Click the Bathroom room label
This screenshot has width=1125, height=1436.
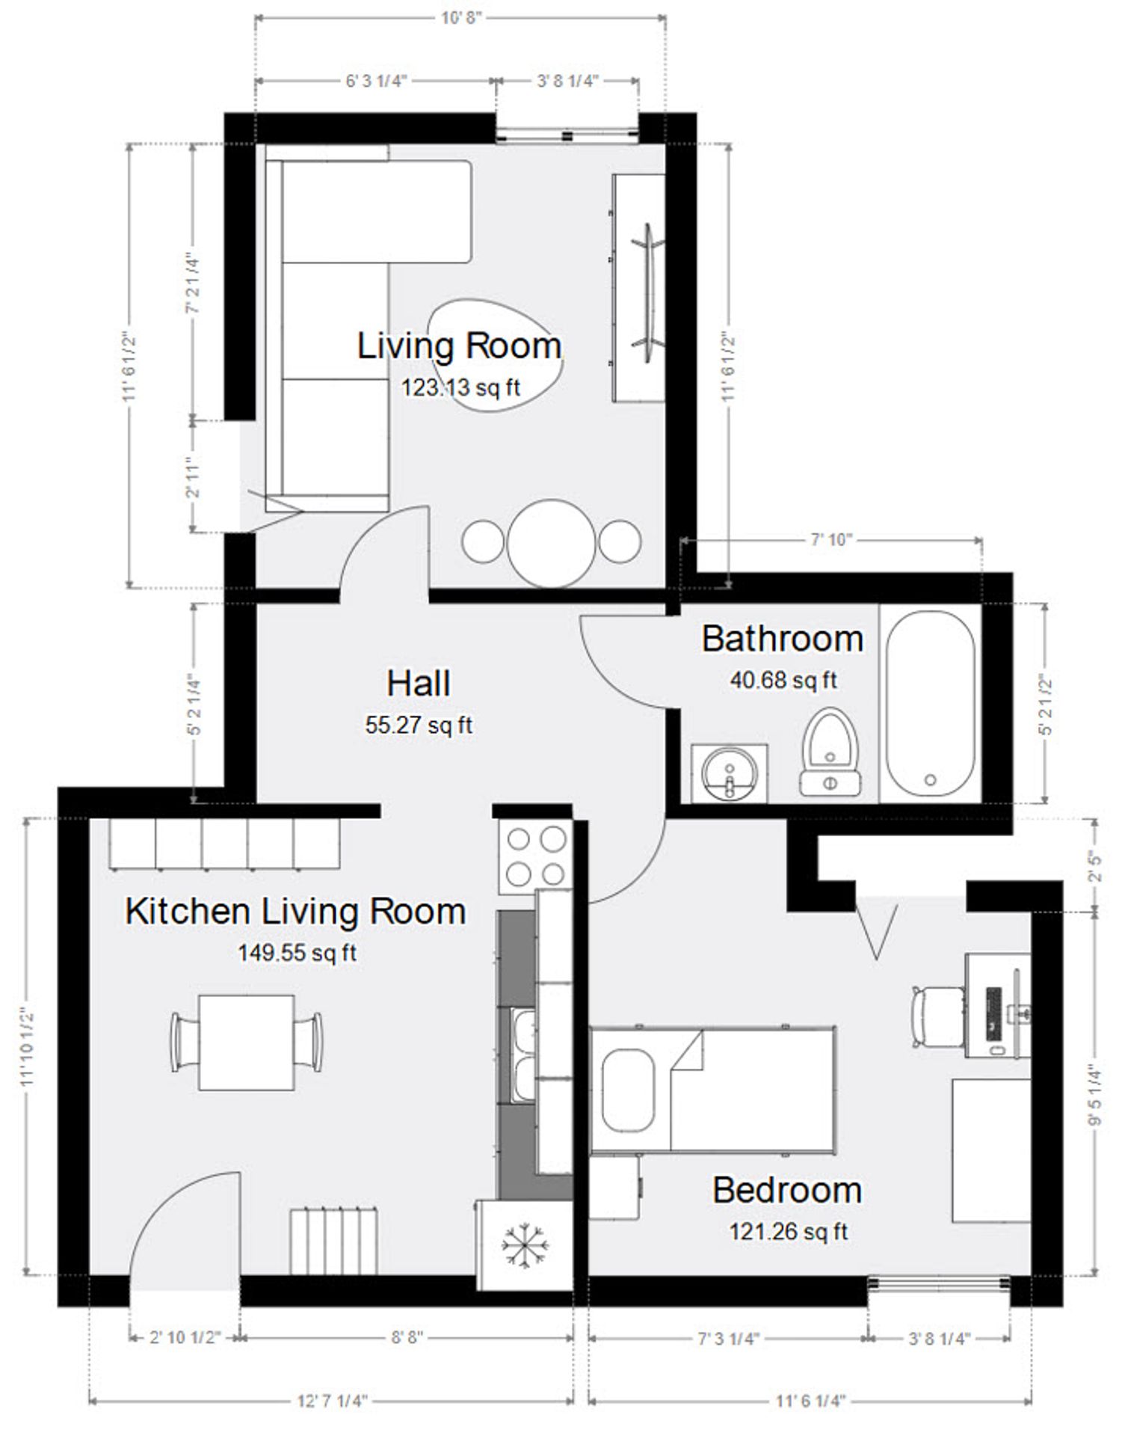click(782, 639)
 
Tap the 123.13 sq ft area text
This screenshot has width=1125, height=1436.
click(460, 387)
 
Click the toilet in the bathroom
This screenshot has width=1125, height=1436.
click(829, 752)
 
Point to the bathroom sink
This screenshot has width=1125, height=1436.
click(729, 773)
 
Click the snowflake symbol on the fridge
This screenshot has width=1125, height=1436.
click(524, 1246)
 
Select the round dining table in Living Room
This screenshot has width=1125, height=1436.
click(552, 543)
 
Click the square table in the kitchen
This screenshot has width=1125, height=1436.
click(246, 1042)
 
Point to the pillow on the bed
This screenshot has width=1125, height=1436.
click(628, 1089)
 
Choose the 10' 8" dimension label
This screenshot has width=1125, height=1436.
click(460, 17)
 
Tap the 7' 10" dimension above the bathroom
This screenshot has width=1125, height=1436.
click(831, 539)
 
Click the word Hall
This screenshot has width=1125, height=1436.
click(419, 684)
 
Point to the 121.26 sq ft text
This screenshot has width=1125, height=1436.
click(789, 1231)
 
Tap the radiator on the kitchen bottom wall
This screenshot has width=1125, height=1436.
click(333, 1241)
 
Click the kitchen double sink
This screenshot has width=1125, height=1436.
click(523, 1055)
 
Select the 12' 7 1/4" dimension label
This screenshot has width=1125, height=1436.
click(333, 1400)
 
